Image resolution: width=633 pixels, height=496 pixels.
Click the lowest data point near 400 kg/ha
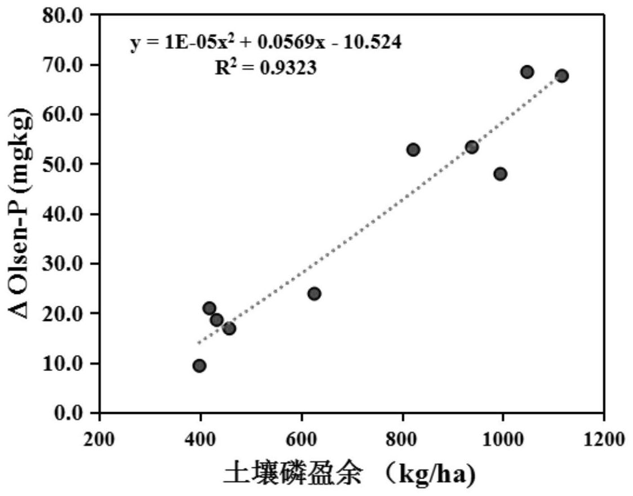[x=199, y=366]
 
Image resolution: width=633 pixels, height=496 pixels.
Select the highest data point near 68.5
[x=527, y=72]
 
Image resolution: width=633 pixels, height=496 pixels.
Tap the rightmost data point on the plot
[x=561, y=76]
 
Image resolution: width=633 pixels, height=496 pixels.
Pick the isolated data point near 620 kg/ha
[x=314, y=293]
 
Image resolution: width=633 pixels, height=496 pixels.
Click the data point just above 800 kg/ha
[x=413, y=150]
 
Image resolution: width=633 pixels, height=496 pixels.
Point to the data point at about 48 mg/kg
[x=500, y=174]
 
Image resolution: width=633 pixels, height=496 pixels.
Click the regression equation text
[x=266, y=43]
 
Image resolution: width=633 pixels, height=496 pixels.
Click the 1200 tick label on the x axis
[x=604, y=437]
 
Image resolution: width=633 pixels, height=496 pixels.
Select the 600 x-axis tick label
[x=302, y=437]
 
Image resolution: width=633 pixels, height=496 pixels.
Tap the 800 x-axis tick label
[x=403, y=437]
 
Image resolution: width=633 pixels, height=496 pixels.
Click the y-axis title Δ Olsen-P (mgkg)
[x=22, y=214]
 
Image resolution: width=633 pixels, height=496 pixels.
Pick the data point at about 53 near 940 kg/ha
[x=472, y=148]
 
